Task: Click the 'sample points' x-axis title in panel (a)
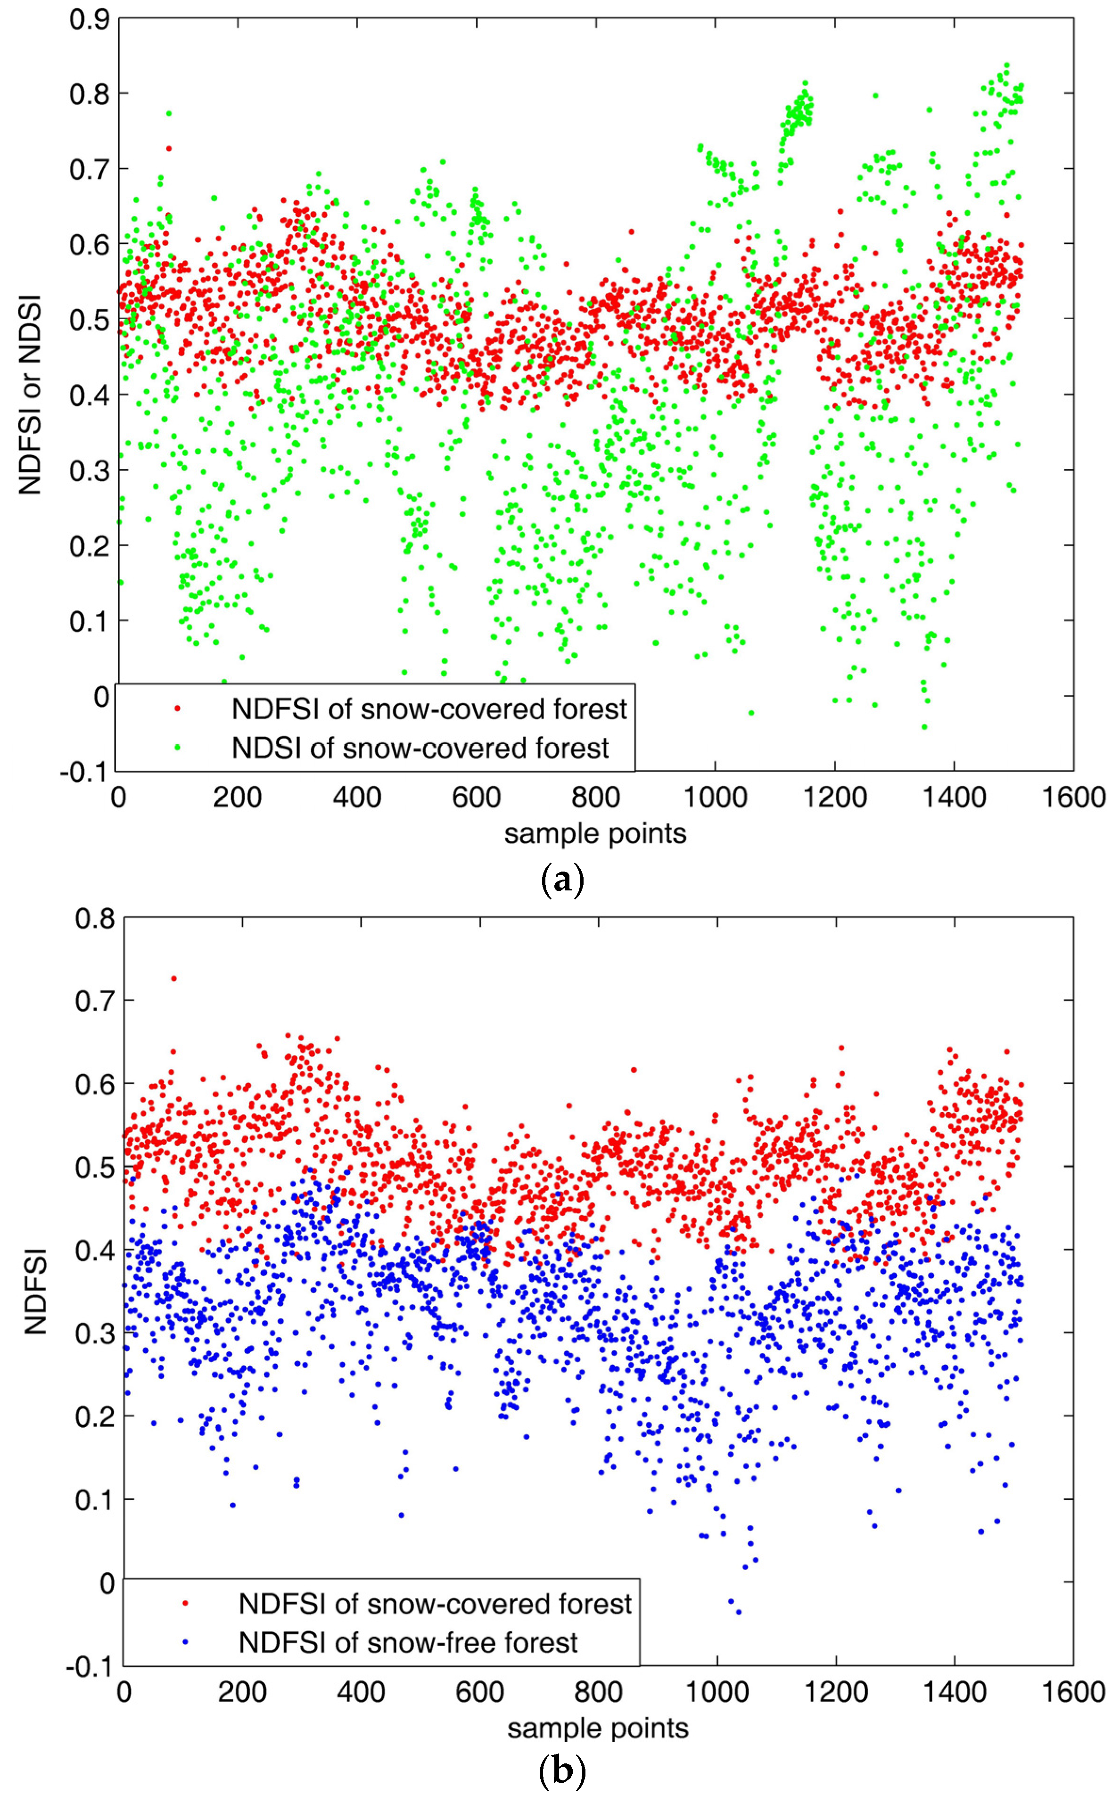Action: click(x=595, y=833)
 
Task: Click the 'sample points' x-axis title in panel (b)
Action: click(x=598, y=1728)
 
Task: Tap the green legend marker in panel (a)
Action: click(x=177, y=748)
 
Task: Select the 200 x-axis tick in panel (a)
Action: click(x=238, y=798)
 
